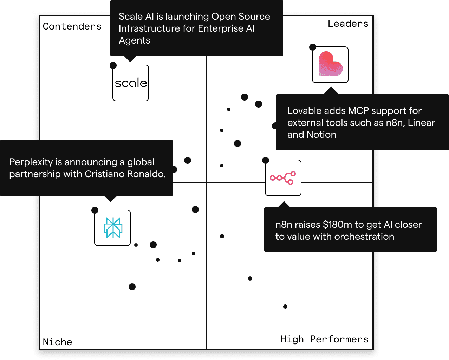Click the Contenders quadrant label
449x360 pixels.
coord(72,26)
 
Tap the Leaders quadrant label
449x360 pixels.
coord(348,24)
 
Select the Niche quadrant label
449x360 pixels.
coord(57,342)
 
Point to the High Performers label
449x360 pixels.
coord(324,339)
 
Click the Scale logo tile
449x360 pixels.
coord(131,83)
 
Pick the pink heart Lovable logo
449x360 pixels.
coord(330,65)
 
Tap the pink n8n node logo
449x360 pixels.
coord(283,178)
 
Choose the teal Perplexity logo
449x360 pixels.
coord(112,228)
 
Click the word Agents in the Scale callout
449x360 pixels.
coord(134,40)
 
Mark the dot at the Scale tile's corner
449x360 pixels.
coord(113,65)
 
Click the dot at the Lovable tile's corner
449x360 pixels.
coord(313,47)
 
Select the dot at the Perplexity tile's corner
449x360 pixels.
coord(95,210)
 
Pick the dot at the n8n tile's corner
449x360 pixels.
coord(266,160)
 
